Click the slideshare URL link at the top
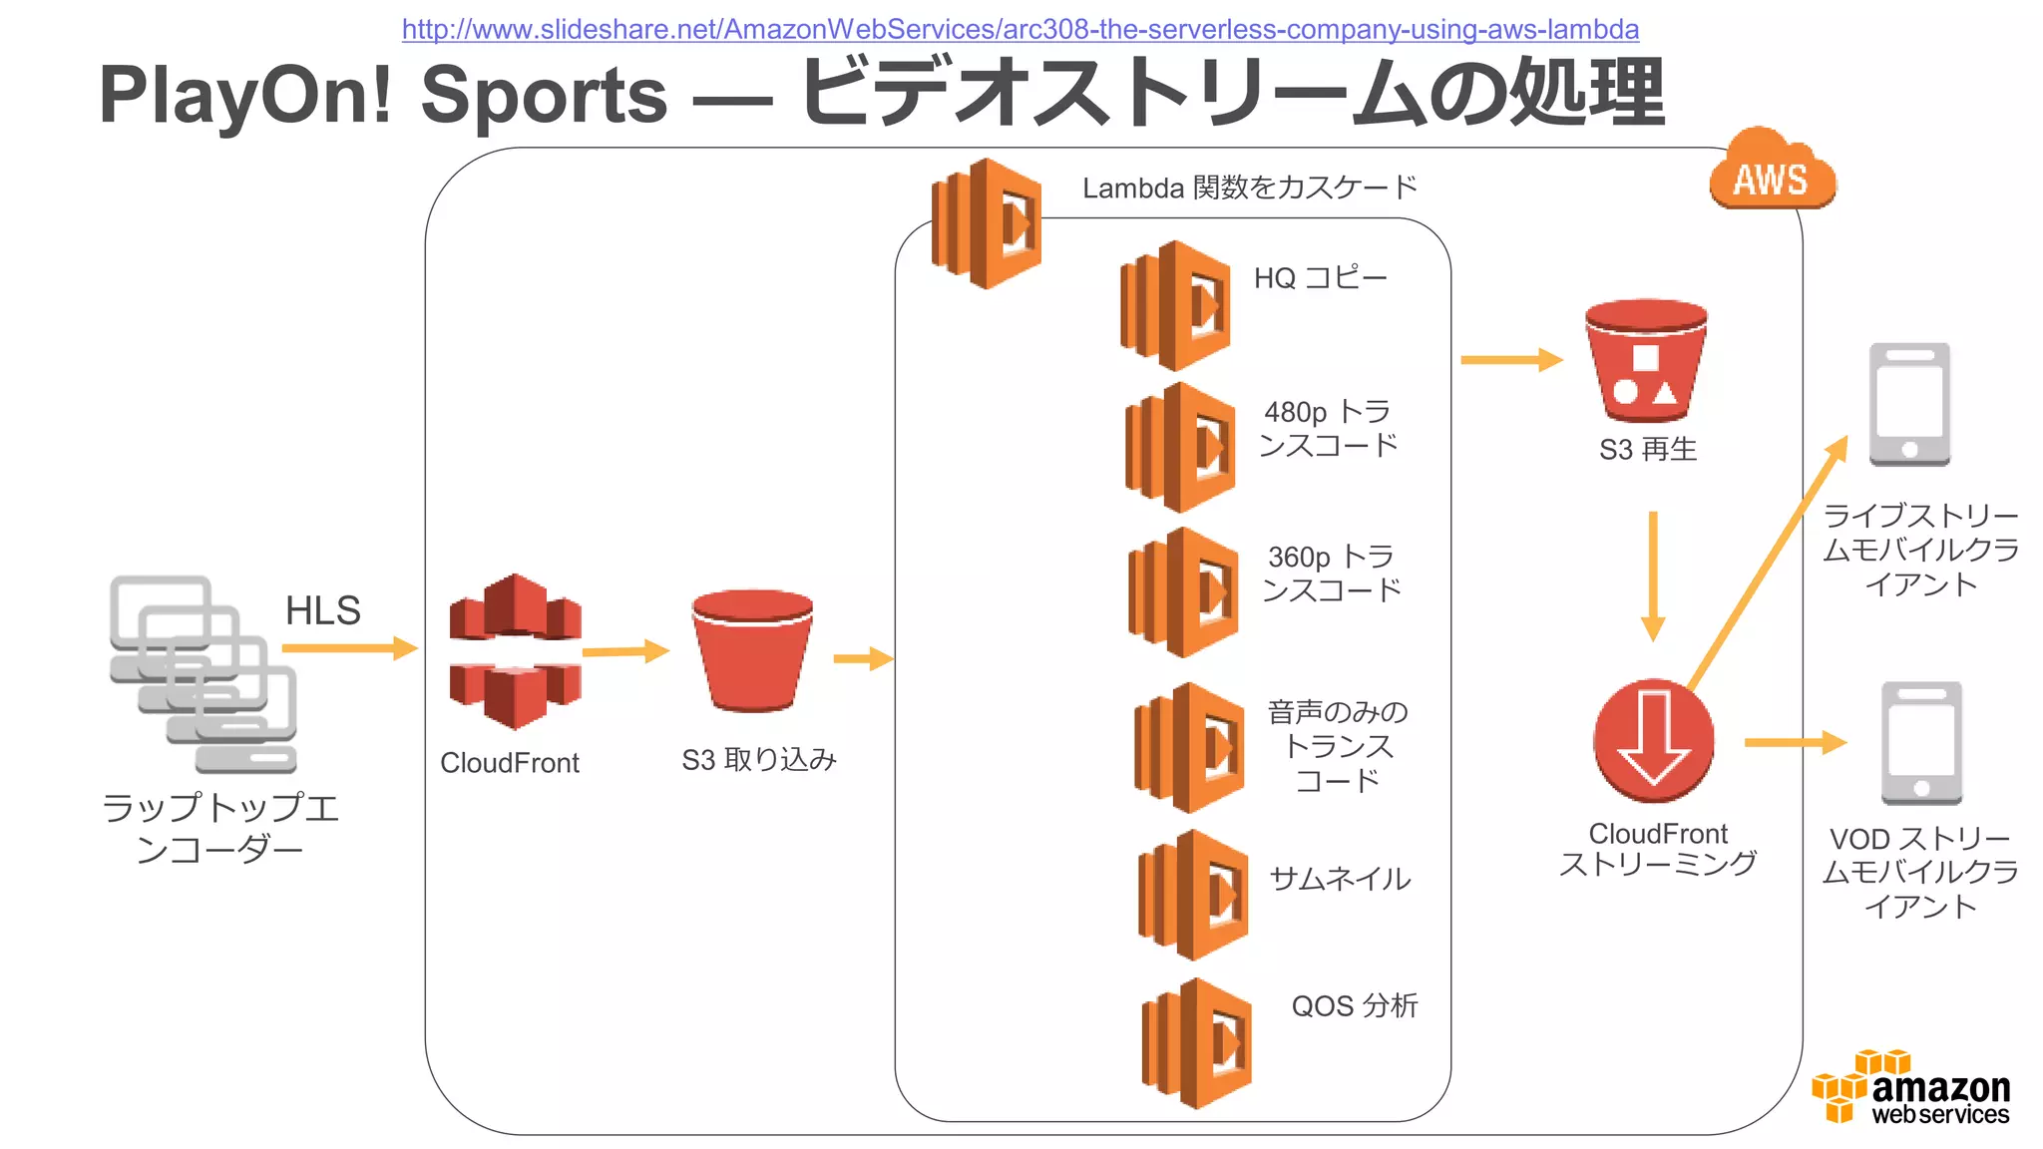click(1020, 29)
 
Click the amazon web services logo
click(1911, 1088)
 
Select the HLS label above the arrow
click(322, 610)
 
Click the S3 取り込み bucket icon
click(753, 650)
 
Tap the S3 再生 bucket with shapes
click(1646, 361)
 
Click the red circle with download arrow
click(1653, 741)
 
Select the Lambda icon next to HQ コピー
click(1175, 306)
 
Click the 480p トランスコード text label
click(1328, 428)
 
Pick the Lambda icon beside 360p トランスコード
click(1183, 592)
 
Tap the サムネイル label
click(1339, 879)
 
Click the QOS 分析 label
click(1354, 1005)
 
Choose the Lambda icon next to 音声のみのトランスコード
click(1189, 748)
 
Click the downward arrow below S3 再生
click(1653, 576)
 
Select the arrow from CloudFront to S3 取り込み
click(624, 652)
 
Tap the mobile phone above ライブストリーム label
click(1909, 404)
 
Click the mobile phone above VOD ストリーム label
click(1921, 743)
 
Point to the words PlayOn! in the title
click(245, 96)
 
